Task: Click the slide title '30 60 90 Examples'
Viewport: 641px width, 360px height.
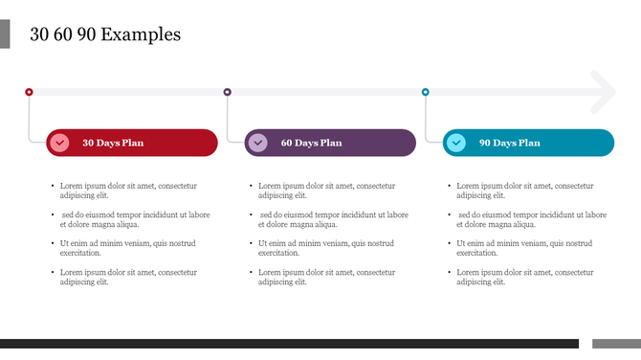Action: (x=105, y=35)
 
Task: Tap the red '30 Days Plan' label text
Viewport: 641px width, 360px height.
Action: (x=113, y=144)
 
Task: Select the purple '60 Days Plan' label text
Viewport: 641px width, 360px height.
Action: (x=311, y=144)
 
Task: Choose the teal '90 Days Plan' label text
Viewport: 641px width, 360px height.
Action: (x=509, y=144)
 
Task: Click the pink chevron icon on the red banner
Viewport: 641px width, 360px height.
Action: (x=59, y=143)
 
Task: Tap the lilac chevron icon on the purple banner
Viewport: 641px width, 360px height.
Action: (x=257, y=143)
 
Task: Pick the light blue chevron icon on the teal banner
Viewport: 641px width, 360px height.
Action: (x=456, y=143)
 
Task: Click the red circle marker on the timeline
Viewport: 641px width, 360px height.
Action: (x=29, y=92)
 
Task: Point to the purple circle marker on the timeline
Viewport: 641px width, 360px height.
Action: (x=227, y=92)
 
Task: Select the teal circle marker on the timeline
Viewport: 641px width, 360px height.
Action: (x=426, y=92)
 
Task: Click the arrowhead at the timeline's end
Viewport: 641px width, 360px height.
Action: (x=605, y=92)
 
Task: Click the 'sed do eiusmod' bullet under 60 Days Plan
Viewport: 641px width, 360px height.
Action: (x=333, y=219)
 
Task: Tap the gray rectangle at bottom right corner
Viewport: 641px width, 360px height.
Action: (x=616, y=344)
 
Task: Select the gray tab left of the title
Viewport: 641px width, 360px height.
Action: (x=5, y=34)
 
